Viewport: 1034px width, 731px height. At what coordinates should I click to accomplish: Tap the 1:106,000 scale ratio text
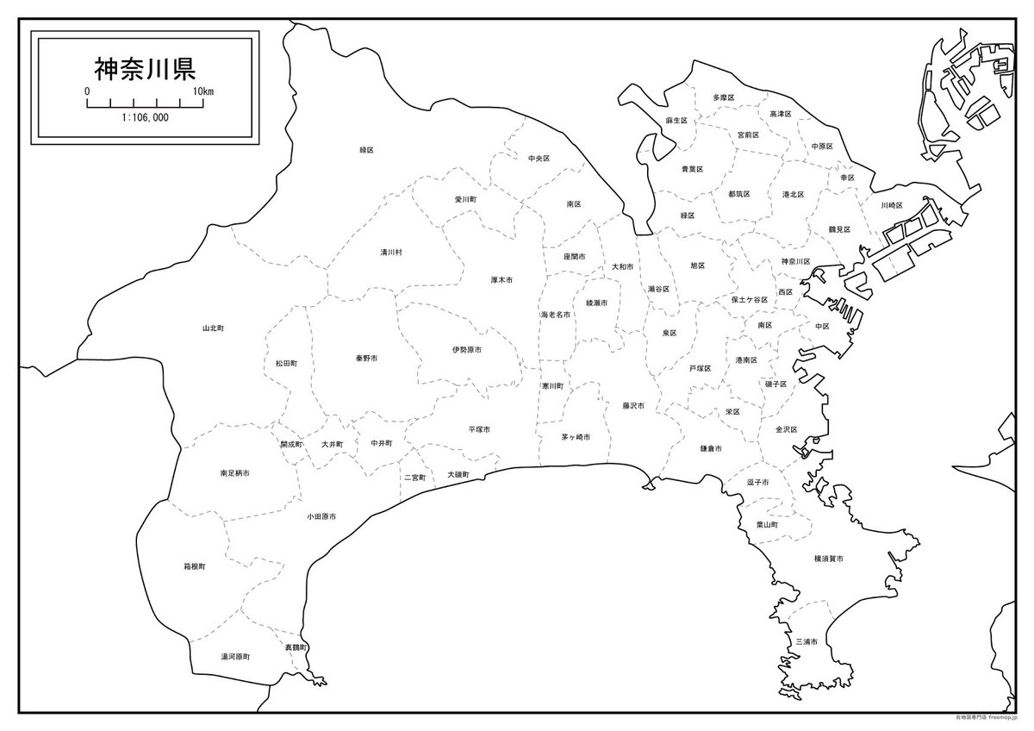(145, 117)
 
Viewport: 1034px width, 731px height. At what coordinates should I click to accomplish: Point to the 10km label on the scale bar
(204, 91)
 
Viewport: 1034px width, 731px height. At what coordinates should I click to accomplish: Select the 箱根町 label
(195, 567)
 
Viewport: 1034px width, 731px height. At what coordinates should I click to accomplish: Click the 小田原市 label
(321, 516)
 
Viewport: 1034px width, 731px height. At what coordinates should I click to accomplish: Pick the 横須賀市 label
(828, 559)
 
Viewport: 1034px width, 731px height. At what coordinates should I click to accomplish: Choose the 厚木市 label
(501, 280)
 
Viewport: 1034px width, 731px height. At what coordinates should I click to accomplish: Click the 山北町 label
(213, 328)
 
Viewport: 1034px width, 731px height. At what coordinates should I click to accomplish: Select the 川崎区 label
(891, 205)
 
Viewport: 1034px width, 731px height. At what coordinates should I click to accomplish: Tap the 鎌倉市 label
(711, 449)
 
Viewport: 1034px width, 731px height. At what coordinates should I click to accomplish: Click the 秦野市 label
(366, 358)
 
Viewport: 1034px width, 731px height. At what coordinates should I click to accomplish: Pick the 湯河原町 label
(235, 657)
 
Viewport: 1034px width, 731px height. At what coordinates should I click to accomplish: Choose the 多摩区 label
(724, 98)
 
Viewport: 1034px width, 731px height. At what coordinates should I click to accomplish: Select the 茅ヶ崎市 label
(576, 438)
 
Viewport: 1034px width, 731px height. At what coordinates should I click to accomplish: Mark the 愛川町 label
(465, 199)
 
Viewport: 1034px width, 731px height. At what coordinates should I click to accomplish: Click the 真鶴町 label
(296, 647)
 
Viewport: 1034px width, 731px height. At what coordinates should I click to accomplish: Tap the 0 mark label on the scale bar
(87, 91)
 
